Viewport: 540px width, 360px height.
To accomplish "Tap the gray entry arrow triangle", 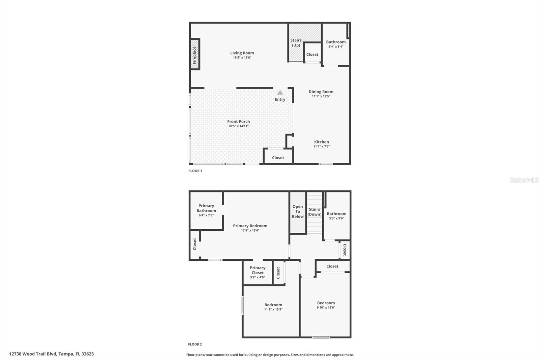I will point(280,93).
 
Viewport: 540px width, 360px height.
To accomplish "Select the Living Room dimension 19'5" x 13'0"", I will point(242,58).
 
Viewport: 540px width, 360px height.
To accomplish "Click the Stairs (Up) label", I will point(296,43).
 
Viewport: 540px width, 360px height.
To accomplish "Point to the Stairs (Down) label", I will point(315,212).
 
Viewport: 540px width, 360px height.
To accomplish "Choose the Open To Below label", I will point(298,211).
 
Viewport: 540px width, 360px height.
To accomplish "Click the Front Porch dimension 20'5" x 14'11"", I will point(238,126).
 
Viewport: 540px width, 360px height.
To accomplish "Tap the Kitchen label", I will point(321,142).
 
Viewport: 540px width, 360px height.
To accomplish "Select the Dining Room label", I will point(321,92).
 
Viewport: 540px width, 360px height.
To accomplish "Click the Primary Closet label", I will point(258,270).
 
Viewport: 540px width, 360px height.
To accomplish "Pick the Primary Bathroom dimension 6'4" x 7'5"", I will point(206,215).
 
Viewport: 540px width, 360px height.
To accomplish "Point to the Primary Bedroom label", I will point(250,226).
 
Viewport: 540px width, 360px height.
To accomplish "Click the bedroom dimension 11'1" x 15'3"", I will point(273,309).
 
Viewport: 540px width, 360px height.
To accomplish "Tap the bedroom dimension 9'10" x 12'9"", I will point(326,308).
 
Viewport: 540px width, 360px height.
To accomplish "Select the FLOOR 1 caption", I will point(195,171).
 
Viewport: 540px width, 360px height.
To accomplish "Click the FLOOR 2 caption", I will point(195,344).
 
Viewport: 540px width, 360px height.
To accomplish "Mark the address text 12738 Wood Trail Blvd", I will point(32,354).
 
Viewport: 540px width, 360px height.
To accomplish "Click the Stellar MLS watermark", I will point(524,180).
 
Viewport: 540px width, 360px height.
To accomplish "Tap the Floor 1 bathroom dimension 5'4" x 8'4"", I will point(336,47).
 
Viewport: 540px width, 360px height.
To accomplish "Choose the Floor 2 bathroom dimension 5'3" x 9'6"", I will point(336,218).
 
